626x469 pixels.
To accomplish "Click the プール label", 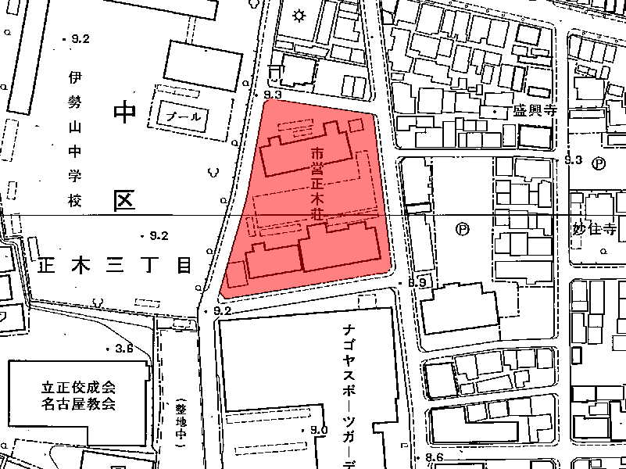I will tap(184, 116).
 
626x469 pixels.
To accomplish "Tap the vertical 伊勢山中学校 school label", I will tap(75, 139).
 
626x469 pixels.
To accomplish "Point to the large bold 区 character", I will tap(124, 202).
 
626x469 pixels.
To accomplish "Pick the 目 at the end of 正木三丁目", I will tap(184, 266).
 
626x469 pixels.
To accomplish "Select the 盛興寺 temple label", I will tap(533, 110).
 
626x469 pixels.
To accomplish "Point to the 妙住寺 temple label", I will tap(590, 230).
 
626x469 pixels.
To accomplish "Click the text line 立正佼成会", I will tap(79, 388).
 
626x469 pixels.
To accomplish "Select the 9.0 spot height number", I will tap(319, 431).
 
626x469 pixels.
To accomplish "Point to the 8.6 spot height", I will tap(435, 458).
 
